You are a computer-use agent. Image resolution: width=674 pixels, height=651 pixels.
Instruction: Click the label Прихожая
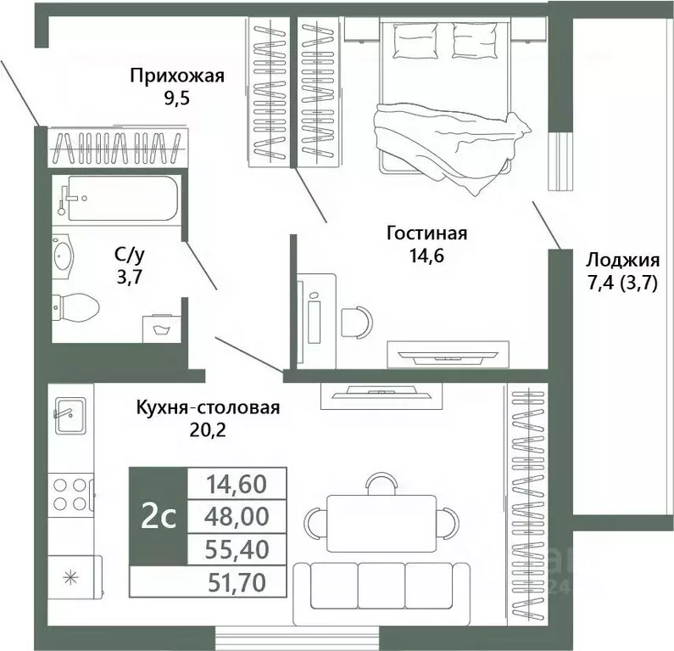[x=177, y=76]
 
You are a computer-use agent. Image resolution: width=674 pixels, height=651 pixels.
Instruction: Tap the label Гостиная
[x=426, y=233]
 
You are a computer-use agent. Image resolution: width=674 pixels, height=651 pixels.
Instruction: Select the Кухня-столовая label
[x=208, y=407]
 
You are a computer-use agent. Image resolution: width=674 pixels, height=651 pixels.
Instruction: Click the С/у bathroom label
[x=130, y=255]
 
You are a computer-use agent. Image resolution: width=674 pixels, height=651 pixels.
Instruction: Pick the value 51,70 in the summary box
[x=237, y=582]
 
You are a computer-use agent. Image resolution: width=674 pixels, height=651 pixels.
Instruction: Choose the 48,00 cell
[x=237, y=516]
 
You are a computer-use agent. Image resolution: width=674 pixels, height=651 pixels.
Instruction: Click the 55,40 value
[x=237, y=549]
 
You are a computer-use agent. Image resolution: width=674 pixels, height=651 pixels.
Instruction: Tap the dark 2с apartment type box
[x=159, y=516]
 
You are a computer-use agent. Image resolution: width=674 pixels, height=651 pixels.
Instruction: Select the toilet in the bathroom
[x=75, y=308]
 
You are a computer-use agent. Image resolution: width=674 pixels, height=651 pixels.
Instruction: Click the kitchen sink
[x=70, y=416]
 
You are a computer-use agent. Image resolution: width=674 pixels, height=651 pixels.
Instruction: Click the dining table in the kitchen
[x=382, y=523]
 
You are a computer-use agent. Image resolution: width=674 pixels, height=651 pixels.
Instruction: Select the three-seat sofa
[x=380, y=594]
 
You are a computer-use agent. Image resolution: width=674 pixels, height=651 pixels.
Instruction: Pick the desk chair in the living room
[x=357, y=322]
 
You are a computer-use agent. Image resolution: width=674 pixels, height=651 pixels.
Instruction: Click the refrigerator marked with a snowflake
[x=74, y=577]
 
